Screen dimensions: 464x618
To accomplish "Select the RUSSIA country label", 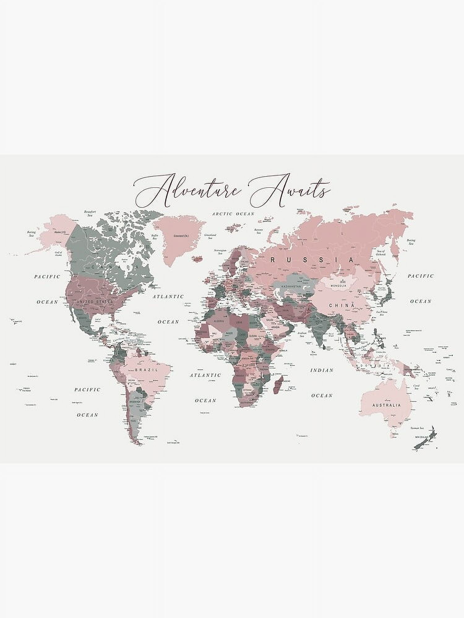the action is pyautogui.click(x=312, y=260).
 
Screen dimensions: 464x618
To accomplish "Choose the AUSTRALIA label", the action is pyautogui.click(x=386, y=405).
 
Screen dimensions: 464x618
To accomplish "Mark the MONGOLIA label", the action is pyautogui.click(x=338, y=286).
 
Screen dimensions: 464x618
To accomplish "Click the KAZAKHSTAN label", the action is pyautogui.click(x=291, y=287).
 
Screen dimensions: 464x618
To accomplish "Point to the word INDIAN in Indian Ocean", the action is pyautogui.click(x=322, y=370).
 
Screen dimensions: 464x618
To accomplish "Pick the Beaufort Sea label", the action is pyautogui.click(x=90, y=213).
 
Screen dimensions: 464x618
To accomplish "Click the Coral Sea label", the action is pyautogui.click(x=417, y=387).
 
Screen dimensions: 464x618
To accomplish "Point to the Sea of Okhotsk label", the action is pyautogui.click(x=381, y=253).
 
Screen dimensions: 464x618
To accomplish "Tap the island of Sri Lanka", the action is pyautogui.click(x=324, y=347).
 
